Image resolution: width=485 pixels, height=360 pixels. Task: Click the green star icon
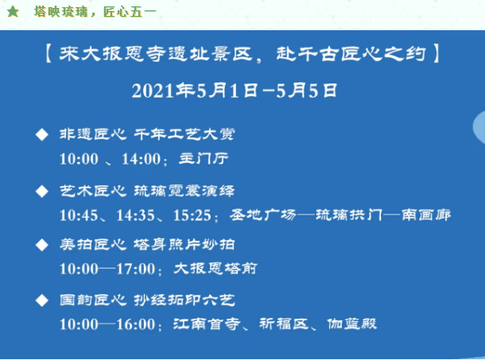tap(13, 12)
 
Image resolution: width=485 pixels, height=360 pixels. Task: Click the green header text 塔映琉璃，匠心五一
tap(95, 12)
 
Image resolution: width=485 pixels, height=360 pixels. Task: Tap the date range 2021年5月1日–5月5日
tap(234, 91)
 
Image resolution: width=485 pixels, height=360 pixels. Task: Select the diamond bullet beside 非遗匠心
tap(42, 134)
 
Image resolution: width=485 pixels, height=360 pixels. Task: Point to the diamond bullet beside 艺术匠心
tap(42, 192)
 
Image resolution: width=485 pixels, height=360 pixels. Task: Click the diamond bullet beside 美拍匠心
tap(42, 245)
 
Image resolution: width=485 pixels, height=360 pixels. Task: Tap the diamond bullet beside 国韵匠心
tap(42, 300)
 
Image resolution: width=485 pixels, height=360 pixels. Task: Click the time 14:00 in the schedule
tap(142, 159)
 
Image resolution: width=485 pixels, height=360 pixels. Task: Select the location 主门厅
tap(204, 159)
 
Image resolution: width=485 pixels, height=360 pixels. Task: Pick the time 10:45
tap(79, 215)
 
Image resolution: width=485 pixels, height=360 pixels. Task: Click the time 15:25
tap(192, 215)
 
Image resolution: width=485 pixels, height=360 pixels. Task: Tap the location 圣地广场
tap(262, 215)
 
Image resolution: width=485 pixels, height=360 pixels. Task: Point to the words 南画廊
tap(426, 215)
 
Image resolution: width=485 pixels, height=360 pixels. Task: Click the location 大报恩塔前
tap(215, 268)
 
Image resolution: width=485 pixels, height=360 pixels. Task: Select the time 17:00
tap(135, 269)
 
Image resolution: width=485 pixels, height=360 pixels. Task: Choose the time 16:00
tap(135, 324)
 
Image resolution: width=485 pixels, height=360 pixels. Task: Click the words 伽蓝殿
tap(352, 323)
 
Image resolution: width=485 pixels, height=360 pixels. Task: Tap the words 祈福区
tap(284, 323)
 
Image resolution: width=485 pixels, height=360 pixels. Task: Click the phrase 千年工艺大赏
tap(184, 134)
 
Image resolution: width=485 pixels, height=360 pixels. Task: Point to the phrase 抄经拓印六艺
tap(184, 300)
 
